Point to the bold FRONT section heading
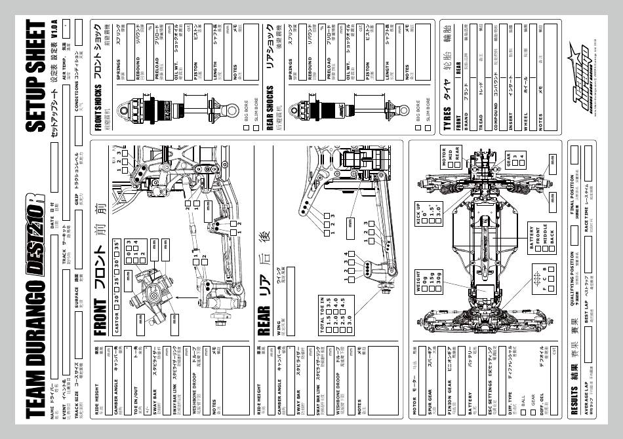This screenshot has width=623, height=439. [x=100, y=318]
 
